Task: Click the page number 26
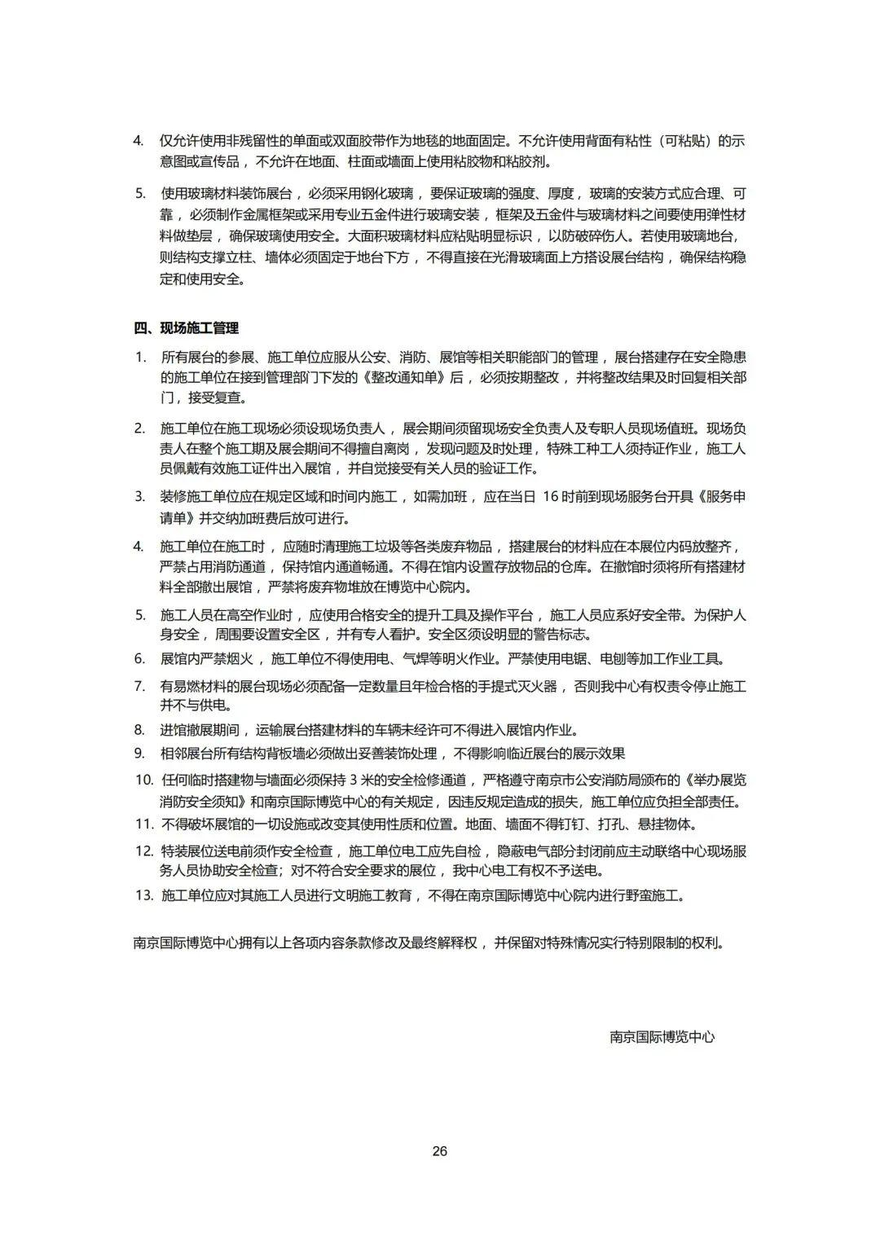tap(440, 1151)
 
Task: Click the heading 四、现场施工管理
tap(186, 328)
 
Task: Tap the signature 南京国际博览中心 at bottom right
tap(662, 1037)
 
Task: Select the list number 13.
tap(143, 895)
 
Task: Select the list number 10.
tap(143, 780)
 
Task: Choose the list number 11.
tap(143, 824)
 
